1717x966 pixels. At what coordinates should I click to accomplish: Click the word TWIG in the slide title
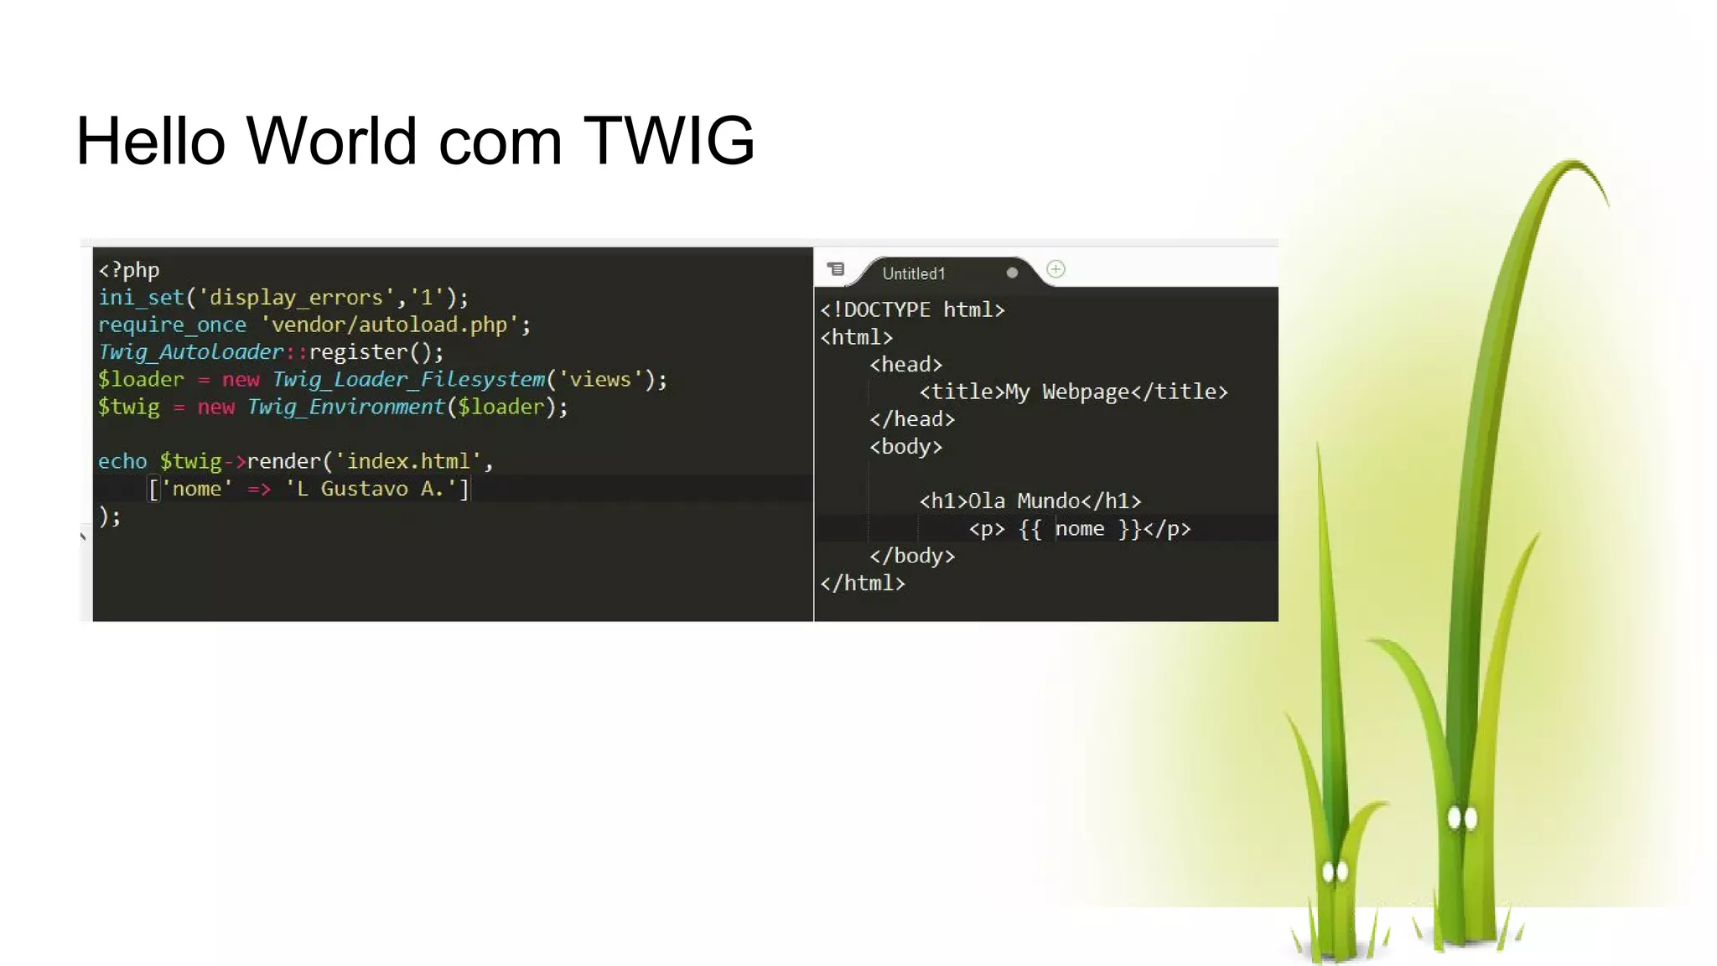[x=668, y=141]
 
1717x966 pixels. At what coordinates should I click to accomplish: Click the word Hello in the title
[x=151, y=141]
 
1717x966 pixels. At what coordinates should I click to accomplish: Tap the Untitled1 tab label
[x=913, y=274]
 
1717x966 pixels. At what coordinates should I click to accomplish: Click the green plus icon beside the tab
[x=1056, y=270]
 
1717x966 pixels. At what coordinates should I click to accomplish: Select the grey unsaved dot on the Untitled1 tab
[x=1012, y=273]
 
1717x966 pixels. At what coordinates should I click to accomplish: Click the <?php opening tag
[x=128, y=270]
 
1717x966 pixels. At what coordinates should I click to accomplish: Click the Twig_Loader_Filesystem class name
[x=408, y=380]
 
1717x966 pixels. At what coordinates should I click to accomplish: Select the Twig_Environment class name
[x=345, y=408]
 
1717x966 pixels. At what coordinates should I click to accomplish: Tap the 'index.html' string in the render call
[x=408, y=462]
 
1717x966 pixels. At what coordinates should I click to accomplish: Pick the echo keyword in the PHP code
[x=122, y=462]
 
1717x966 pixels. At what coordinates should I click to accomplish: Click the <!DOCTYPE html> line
[x=912, y=310]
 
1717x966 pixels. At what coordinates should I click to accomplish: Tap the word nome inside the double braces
[x=1079, y=529]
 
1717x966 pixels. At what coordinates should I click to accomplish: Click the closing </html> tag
[x=863, y=584]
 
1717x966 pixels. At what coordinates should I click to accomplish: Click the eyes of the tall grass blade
[x=1462, y=818]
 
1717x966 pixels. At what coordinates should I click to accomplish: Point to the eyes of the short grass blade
[x=1335, y=872]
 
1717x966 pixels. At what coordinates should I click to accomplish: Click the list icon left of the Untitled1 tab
[x=836, y=269]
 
